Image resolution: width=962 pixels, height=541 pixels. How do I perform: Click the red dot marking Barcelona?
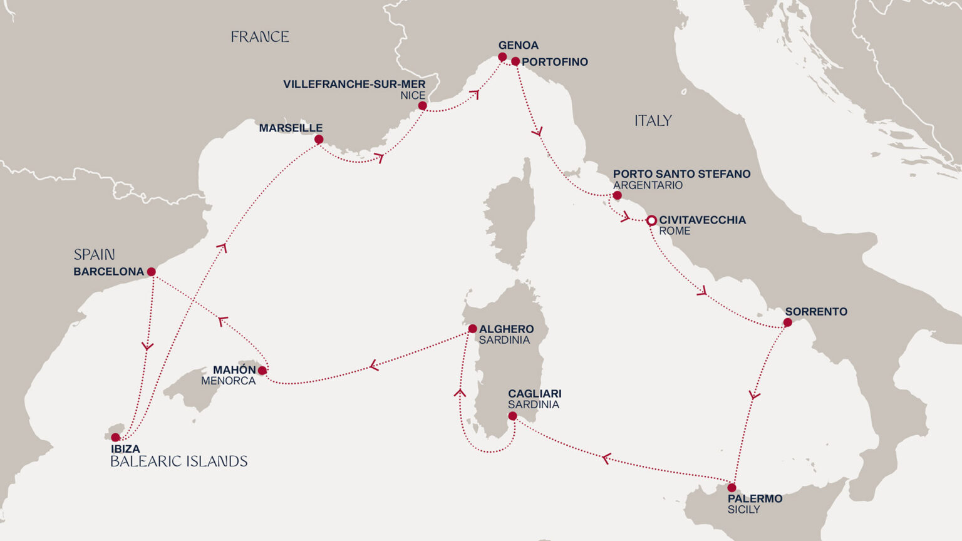point(151,272)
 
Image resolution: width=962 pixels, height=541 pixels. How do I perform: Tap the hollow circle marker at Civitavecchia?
point(651,220)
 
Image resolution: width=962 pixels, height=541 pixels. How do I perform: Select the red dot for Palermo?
point(732,487)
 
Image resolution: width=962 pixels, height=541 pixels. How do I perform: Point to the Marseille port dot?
point(319,140)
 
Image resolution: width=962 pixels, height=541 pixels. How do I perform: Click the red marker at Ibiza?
point(115,437)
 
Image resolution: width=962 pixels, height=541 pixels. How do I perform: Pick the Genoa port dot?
point(502,57)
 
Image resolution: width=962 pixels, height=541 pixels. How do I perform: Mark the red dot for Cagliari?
point(512,416)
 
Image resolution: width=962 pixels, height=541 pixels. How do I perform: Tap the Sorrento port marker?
point(787,322)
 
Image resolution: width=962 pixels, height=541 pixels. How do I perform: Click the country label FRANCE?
point(259,37)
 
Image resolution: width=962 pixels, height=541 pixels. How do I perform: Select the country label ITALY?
point(653,120)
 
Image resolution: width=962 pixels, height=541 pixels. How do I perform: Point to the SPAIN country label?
point(94,254)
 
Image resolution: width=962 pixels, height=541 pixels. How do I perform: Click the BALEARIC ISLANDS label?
point(178,461)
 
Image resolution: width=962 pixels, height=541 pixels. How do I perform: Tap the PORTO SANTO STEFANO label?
point(681,173)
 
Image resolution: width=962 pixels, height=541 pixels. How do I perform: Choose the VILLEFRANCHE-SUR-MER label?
point(354,84)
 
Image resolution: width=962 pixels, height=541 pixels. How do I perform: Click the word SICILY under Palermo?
point(743,510)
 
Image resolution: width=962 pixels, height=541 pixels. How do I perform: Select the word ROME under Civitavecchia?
point(675,231)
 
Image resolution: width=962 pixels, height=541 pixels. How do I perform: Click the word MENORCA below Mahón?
point(228,381)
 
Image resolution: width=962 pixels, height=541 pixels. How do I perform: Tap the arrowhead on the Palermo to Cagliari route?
point(605,459)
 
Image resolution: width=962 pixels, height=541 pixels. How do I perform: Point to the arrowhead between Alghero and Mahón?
point(373,365)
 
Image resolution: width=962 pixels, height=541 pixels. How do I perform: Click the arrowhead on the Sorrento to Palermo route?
point(754,395)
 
